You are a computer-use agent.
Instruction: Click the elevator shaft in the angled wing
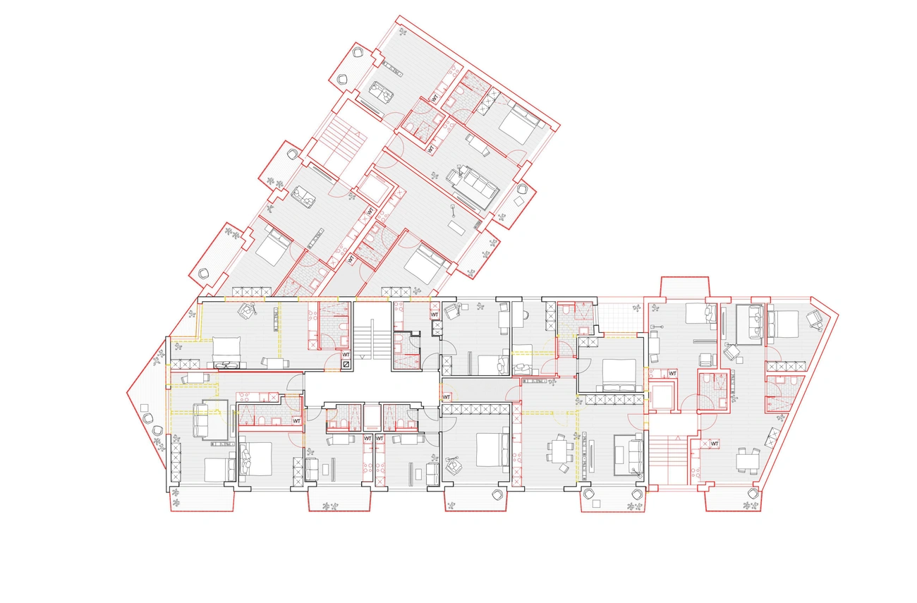coord(373,189)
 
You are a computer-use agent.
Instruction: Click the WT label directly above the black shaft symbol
coord(346,355)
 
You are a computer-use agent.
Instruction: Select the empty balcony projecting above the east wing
coord(684,286)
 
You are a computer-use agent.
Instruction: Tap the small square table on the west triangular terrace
coord(144,408)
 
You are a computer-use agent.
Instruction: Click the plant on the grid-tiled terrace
coord(636,307)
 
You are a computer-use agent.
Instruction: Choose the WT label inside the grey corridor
coord(447,397)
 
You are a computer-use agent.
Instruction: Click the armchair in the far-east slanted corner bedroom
coord(814,319)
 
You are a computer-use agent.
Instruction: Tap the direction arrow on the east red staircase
coord(678,439)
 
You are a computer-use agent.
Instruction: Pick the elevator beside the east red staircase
coord(661,396)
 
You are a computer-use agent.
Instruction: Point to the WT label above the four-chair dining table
coord(715,444)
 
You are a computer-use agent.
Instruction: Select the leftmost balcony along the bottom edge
coord(202,501)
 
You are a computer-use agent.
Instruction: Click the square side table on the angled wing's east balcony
coord(519,202)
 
